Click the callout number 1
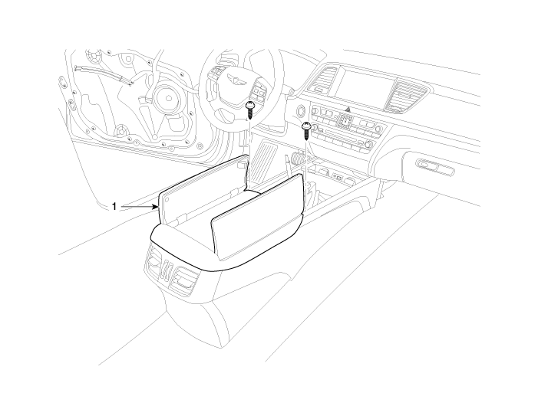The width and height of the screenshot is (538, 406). coord(114,206)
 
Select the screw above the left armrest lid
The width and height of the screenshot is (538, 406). coord(249,110)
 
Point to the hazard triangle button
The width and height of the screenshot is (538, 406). coord(348,110)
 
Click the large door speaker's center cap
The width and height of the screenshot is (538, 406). coord(168,98)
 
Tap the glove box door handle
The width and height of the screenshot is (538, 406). coord(429,165)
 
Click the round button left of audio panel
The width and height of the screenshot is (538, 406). coord(301,111)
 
